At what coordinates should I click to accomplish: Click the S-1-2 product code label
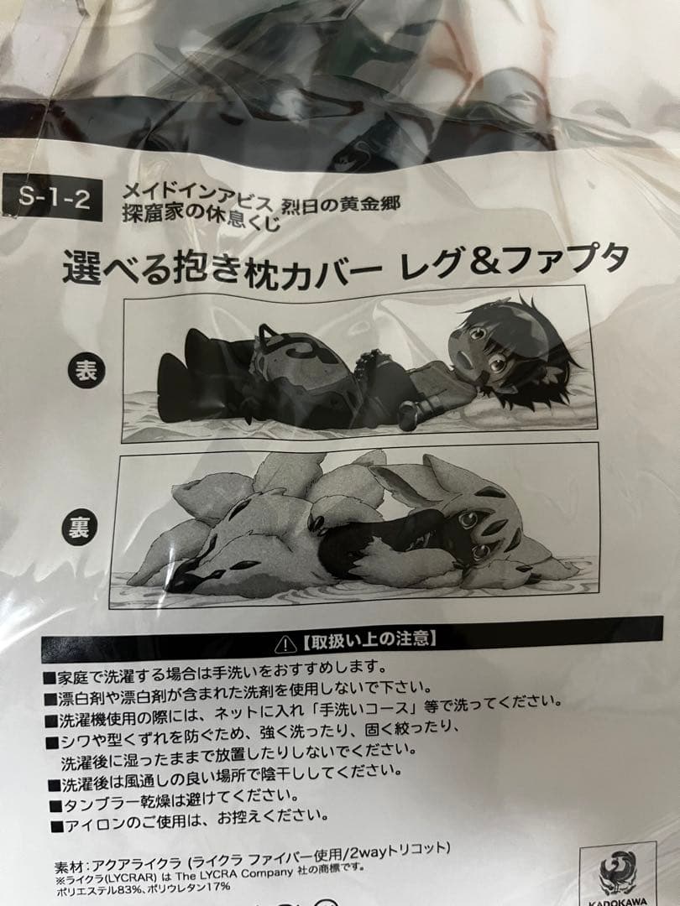pos(53,198)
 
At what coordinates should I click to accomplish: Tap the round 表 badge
pos(86,371)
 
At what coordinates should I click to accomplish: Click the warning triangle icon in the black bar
pos(285,644)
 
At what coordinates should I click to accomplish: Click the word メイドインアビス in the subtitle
pos(196,195)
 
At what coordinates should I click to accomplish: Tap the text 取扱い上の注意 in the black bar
pos(371,639)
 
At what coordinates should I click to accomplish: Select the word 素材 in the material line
pos(68,867)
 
